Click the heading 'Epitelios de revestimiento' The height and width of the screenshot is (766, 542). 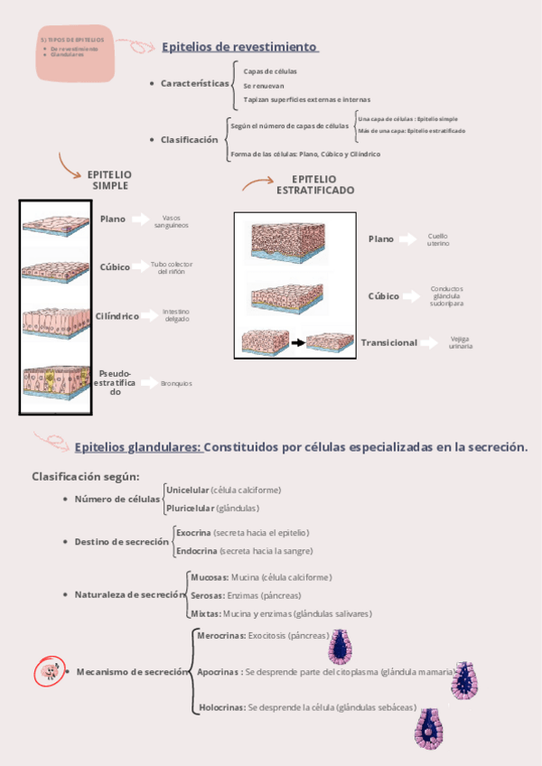[239, 47]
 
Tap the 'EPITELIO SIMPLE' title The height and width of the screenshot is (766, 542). [109, 180]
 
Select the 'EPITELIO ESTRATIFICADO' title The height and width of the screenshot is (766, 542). [314, 185]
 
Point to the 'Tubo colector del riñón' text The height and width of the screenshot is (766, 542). [172, 267]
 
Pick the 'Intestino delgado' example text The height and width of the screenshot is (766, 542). [176, 315]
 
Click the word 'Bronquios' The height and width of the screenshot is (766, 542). [176, 384]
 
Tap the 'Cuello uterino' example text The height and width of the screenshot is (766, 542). [438, 239]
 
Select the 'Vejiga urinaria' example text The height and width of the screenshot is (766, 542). [461, 343]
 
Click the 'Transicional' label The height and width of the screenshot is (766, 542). [389, 343]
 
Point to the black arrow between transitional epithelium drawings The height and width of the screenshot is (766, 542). [296, 343]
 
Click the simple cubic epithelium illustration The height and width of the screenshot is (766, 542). [54, 270]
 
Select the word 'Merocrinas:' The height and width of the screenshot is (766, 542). [221, 636]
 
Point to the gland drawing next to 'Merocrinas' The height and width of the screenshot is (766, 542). [342, 645]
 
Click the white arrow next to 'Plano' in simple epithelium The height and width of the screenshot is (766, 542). [140, 220]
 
